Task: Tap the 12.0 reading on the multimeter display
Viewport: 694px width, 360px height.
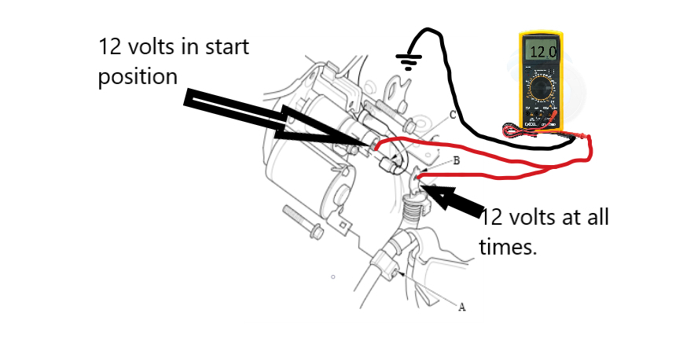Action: [541, 53]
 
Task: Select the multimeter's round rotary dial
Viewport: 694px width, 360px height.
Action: [541, 88]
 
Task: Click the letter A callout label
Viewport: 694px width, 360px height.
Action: [461, 307]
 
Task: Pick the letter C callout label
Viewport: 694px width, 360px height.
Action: [453, 115]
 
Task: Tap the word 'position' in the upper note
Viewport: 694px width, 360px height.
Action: [138, 78]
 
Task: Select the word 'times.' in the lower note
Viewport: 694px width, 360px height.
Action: [508, 247]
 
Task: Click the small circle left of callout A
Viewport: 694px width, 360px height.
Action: [333, 277]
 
